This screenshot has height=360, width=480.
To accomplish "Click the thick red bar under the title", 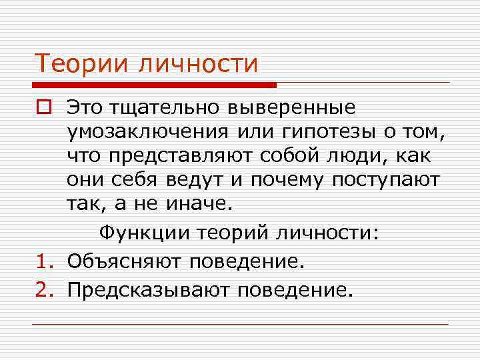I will pos(153,85).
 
